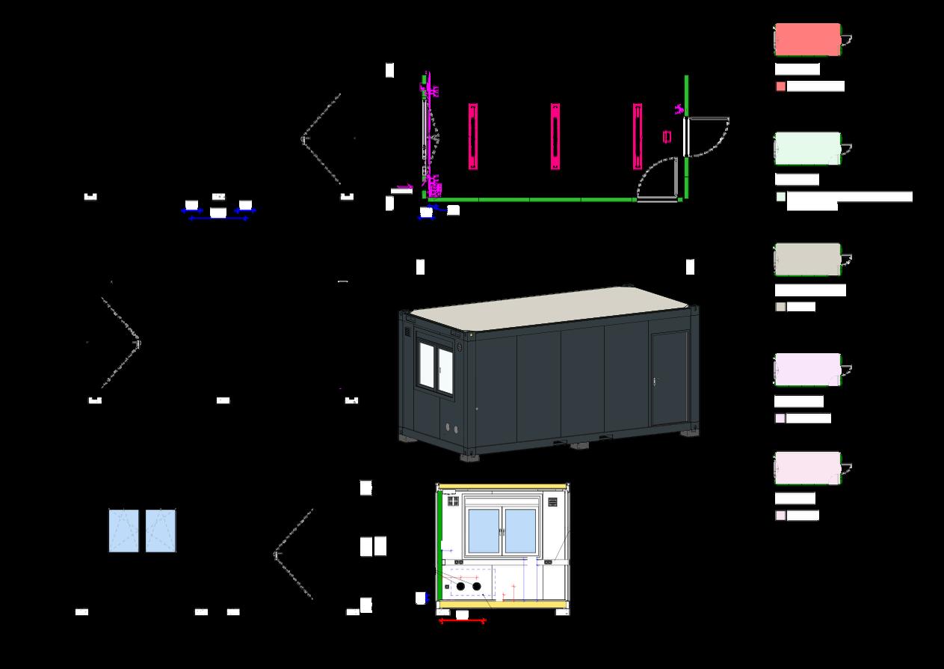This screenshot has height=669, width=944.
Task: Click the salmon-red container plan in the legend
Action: (x=807, y=39)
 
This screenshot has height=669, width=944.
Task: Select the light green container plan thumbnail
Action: (x=807, y=148)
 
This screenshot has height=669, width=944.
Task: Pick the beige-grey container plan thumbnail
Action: (x=807, y=259)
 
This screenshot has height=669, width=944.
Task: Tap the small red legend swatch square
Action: (x=780, y=87)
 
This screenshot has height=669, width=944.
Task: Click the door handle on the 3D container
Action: (x=655, y=381)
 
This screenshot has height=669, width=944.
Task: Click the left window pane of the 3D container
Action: (x=428, y=366)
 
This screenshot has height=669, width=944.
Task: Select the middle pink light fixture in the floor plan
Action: (x=555, y=136)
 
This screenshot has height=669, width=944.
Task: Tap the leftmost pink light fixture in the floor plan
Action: (x=473, y=136)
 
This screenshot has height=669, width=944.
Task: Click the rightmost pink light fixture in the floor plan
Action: (x=638, y=136)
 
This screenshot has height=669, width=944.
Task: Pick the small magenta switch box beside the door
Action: (x=667, y=135)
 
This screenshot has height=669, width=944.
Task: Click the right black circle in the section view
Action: (x=477, y=586)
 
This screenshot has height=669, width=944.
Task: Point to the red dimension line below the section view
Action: (x=462, y=621)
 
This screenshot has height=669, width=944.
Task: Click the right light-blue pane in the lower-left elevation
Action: (x=161, y=531)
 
